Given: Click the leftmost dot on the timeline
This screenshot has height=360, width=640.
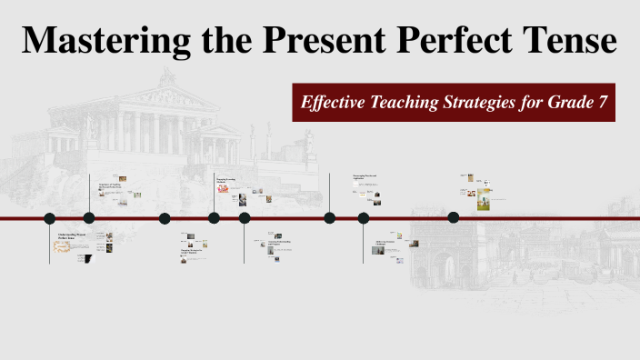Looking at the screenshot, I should click(50, 217).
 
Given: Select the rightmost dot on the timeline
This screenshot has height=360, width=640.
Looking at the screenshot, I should click(454, 216).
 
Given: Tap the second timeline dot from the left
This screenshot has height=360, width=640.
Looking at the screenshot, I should click(89, 217).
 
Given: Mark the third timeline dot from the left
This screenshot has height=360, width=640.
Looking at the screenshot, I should click(165, 217).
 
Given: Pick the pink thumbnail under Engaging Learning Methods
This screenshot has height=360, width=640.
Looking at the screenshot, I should click(223, 189).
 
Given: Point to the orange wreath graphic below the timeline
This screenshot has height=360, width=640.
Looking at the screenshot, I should click(64, 247).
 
